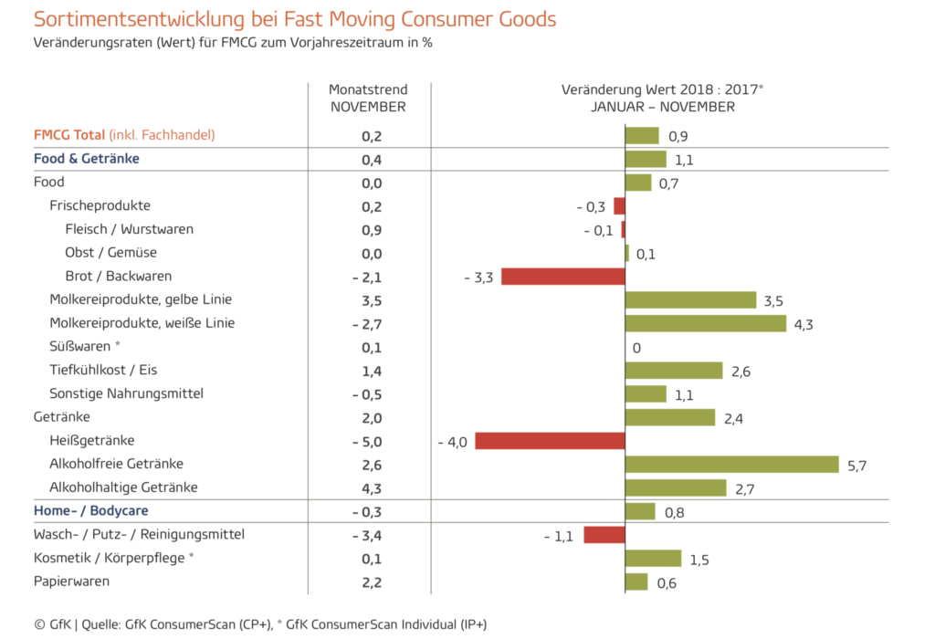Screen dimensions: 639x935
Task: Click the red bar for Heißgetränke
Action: (x=550, y=441)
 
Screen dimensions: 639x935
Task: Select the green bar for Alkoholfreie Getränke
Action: (x=731, y=465)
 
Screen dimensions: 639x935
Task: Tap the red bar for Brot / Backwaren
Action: (x=562, y=277)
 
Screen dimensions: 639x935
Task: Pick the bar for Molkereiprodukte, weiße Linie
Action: (x=705, y=323)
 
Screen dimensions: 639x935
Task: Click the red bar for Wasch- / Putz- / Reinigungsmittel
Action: (x=604, y=535)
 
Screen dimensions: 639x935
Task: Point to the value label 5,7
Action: (x=856, y=466)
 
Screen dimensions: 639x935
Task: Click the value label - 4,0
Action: (x=452, y=442)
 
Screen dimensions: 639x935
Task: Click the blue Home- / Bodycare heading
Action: (x=90, y=511)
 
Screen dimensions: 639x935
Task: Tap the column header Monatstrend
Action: (x=368, y=89)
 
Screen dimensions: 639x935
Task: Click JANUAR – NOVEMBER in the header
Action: (x=662, y=107)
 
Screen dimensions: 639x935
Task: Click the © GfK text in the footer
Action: (x=53, y=624)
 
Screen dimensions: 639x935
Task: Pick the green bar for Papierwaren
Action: (x=636, y=582)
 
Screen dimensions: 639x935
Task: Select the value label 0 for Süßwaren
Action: (x=636, y=347)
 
